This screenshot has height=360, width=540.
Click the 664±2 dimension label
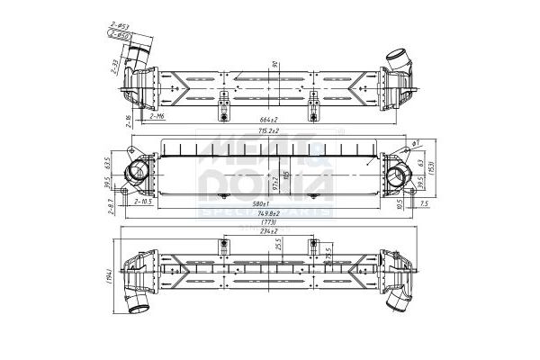[x=267, y=120]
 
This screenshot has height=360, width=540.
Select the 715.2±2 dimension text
[x=267, y=131]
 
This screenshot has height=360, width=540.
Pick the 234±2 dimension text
[x=267, y=231]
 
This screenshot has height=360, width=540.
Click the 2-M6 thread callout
[x=155, y=116]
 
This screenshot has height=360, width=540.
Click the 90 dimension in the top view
[x=274, y=64]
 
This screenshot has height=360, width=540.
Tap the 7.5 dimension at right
[x=423, y=203]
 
